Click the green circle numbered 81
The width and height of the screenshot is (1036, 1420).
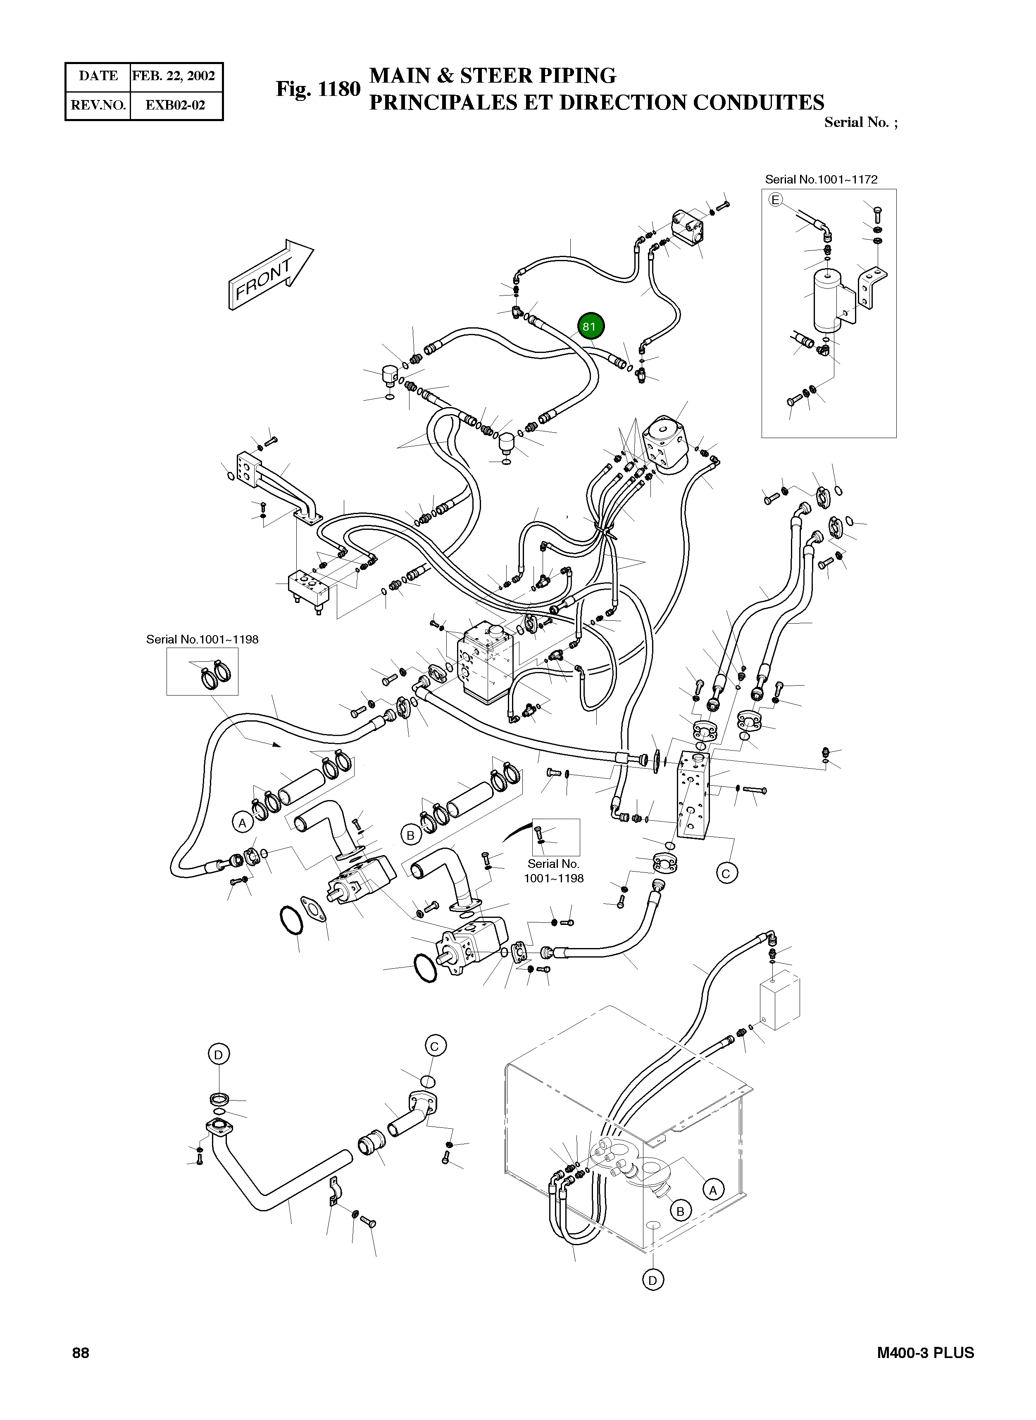tap(589, 326)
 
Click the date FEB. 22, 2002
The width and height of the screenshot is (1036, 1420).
tap(174, 76)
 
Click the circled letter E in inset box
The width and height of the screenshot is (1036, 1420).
tap(776, 200)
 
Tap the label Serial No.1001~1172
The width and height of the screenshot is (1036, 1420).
tap(821, 179)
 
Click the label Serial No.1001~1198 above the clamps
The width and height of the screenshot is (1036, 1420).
tap(202, 639)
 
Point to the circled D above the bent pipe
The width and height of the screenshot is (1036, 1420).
tap(218, 1054)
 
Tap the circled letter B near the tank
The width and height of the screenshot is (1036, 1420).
tap(681, 1210)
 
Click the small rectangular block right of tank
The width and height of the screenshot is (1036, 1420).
tap(779, 1002)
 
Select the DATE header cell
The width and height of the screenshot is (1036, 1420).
tap(98, 76)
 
